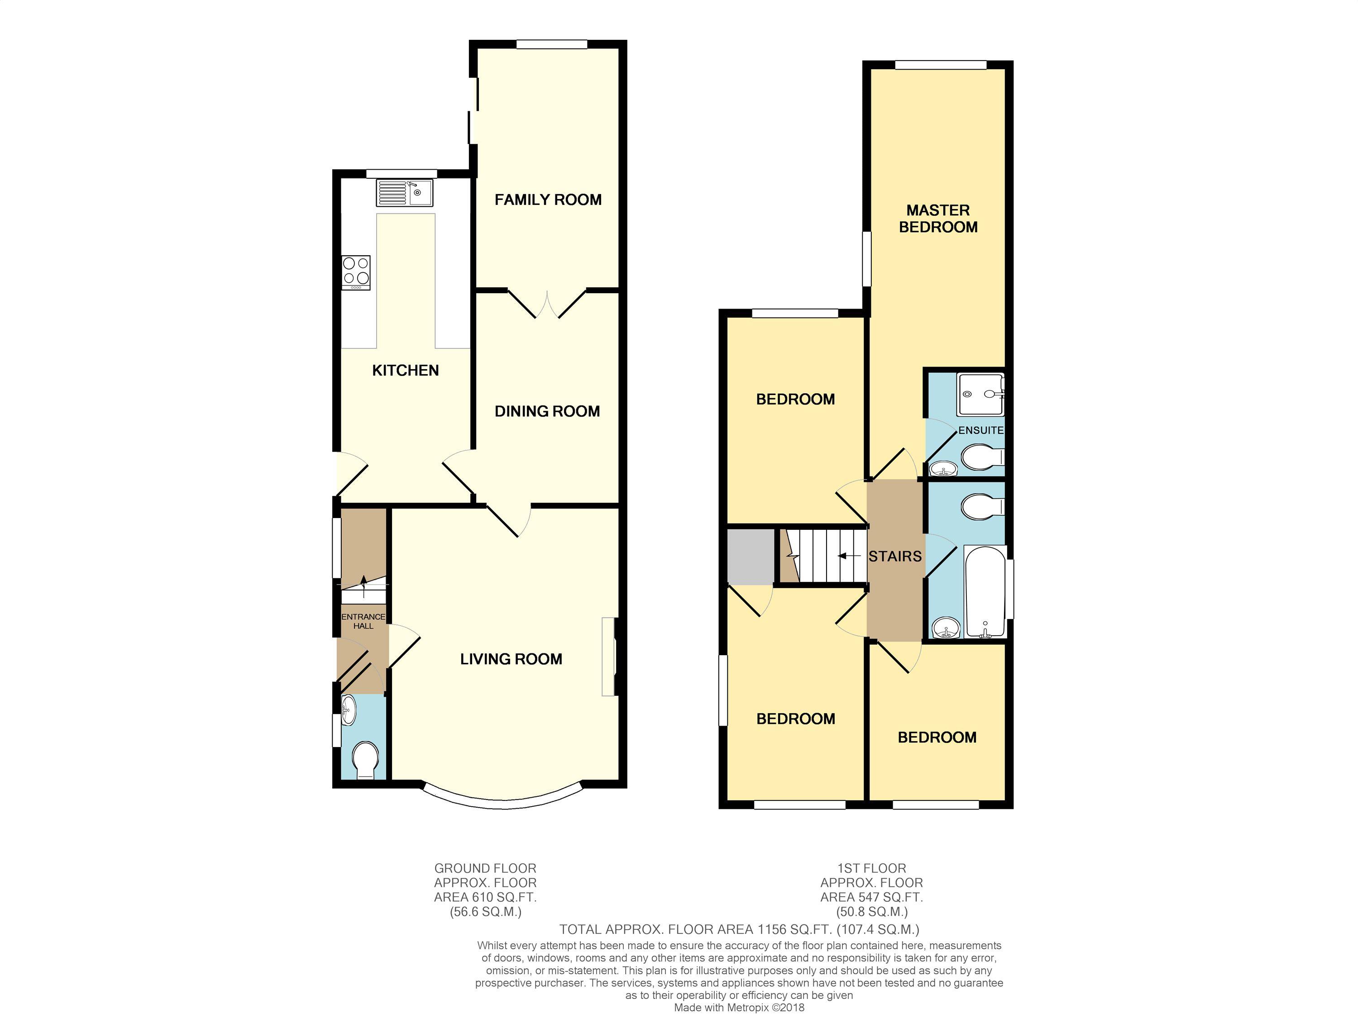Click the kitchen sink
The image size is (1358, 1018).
pyautogui.click(x=405, y=193)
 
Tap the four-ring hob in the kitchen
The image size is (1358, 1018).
pyautogui.click(x=356, y=272)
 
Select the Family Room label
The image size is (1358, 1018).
pyautogui.click(x=548, y=200)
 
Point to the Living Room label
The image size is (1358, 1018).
pyautogui.click(x=512, y=659)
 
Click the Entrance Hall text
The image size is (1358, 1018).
pyautogui.click(x=363, y=621)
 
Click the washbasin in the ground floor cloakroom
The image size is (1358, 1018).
pyautogui.click(x=348, y=710)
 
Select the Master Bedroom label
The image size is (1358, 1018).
pyautogui.click(x=938, y=219)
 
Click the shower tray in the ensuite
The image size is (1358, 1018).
pyautogui.click(x=981, y=395)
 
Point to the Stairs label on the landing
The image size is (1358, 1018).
pyautogui.click(x=895, y=557)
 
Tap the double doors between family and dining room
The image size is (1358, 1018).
pyautogui.click(x=547, y=304)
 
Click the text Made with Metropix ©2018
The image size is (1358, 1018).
pyautogui.click(x=739, y=1008)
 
